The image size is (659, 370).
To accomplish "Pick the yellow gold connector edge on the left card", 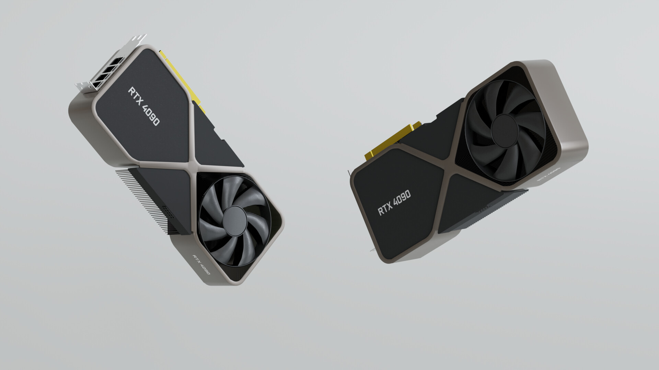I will (x=185, y=82).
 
